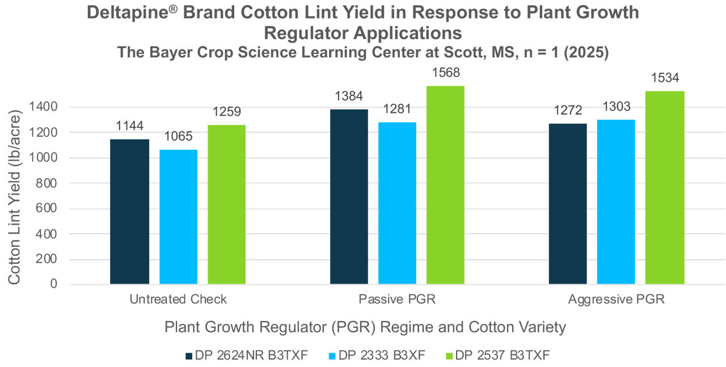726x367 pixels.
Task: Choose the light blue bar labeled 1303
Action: coord(616,201)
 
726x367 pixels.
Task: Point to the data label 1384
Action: coord(349,96)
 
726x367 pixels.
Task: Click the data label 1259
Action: coord(227,112)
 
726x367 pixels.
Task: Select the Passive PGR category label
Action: coord(397,299)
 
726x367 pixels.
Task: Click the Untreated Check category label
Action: coord(178,299)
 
